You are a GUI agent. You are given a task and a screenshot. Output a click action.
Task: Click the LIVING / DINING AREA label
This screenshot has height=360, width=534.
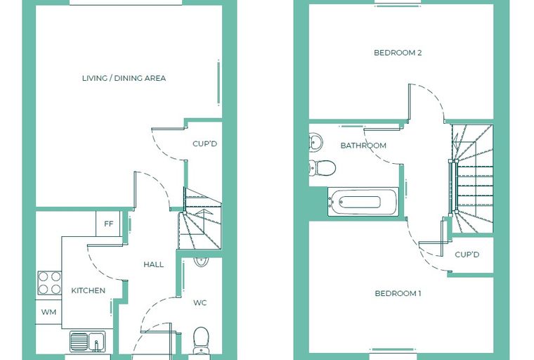click(x=124, y=78)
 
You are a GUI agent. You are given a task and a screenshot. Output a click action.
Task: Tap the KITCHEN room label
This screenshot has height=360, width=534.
click(x=89, y=290)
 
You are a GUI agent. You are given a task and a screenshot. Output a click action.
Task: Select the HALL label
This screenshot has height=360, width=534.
click(x=153, y=264)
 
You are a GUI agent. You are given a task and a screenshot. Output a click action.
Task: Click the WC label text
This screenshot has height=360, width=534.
click(x=200, y=303)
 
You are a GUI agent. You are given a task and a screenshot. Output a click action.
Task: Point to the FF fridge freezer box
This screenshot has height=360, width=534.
click(x=108, y=224)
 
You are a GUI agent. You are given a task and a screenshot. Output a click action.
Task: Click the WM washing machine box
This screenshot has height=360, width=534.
click(x=48, y=312)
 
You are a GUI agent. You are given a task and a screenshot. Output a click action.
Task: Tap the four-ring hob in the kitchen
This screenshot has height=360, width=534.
click(x=49, y=283)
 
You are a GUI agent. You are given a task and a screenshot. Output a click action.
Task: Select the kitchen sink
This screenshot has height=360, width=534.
click(x=88, y=341)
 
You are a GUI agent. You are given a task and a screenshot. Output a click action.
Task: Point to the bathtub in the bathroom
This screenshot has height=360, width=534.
click(x=363, y=202)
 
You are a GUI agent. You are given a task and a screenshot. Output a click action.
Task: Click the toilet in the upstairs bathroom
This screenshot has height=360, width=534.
click(x=323, y=168)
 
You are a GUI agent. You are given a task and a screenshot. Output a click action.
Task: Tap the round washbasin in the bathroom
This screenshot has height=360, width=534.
click(x=315, y=141)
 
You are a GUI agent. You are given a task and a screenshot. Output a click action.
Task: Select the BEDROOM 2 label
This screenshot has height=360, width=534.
click(x=398, y=53)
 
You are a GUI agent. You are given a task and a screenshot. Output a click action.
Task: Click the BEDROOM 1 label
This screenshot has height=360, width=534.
click(x=398, y=293)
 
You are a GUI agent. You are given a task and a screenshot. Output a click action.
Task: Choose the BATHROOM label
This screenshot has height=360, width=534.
click(x=363, y=146)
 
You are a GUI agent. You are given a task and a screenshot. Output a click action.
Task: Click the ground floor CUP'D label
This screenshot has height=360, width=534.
click(x=204, y=143)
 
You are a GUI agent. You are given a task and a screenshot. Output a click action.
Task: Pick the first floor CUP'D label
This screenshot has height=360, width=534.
click(x=467, y=255)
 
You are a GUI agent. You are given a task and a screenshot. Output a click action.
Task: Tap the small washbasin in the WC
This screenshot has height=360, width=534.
click(x=201, y=262)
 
